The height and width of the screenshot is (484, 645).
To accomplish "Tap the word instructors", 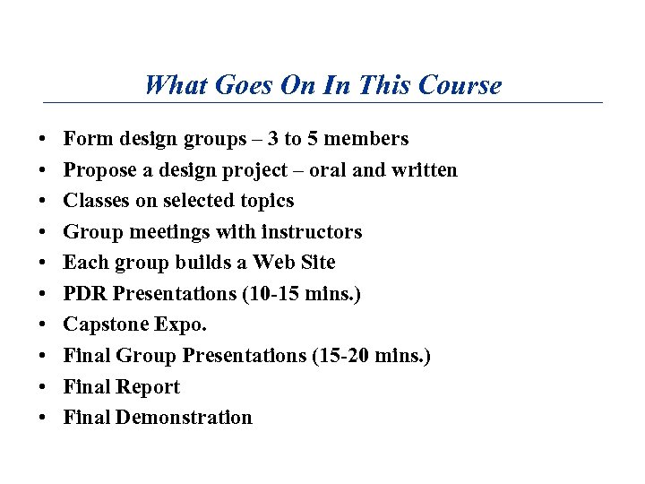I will click(311, 232).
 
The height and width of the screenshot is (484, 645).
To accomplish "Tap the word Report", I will click(150, 387).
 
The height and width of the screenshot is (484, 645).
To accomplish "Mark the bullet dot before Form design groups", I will click(43, 140).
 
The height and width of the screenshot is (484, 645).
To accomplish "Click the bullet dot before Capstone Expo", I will click(43, 325).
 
